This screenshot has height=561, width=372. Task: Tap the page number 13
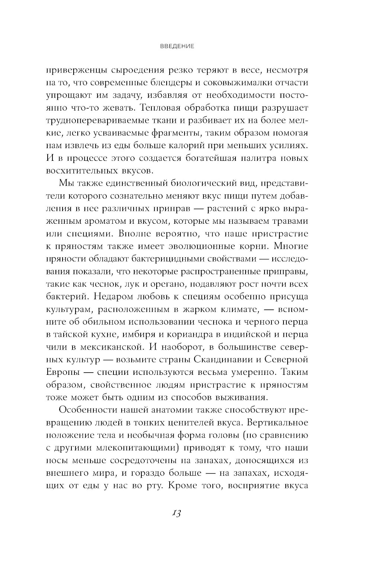[x=176, y=513]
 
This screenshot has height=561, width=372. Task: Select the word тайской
[x=73, y=335]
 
